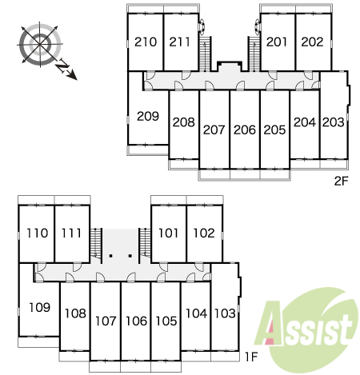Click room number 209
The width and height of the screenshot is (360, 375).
point(148,116)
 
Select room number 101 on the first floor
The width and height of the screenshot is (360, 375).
point(168,233)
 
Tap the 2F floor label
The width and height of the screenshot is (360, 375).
point(342,181)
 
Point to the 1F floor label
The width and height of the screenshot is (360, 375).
point(251,357)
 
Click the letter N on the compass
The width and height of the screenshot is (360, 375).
point(63,66)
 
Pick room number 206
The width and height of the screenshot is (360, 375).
point(245,130)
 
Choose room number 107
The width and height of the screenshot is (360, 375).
point(106,321)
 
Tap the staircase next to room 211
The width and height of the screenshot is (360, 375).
point(205,54)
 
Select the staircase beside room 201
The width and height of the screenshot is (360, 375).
point(254,54)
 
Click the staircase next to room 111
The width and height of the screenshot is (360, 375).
point(96,243)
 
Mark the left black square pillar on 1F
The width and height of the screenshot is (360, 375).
point(111,256)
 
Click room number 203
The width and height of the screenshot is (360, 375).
point(334,122)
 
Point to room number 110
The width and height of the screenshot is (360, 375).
point(38,233)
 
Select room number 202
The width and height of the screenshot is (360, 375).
point(312,42)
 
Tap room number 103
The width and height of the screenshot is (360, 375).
point(225,313)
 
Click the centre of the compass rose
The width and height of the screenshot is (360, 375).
point(40,44)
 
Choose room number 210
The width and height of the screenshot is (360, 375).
point(146,42)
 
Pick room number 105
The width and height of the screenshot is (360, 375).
point(166,321)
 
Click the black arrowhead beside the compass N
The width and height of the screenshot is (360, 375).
point(73,76)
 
